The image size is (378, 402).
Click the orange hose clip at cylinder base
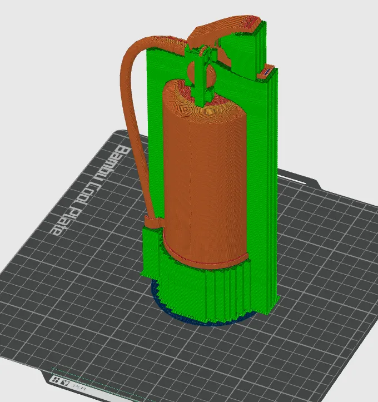[153, 223]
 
